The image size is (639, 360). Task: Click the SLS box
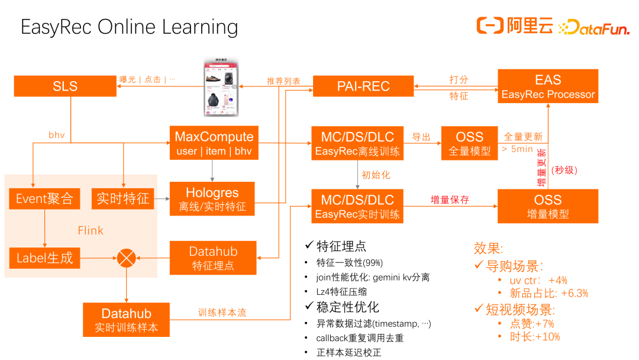pyautogui.click(x=65, y=86)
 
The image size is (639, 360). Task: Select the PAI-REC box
pyautogui.click(x=363, y=86)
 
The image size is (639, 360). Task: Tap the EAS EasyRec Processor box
pyautogui.click(x=548, y=86)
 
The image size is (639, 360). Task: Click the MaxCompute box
pyautogui.click(x=214, y=143)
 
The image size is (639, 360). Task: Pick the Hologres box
pyautogui.click(x=212, y=199)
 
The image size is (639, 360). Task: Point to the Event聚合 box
pyautogui.click(x=44, y=199)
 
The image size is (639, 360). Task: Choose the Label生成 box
pyautogui.click(x=44, y=258)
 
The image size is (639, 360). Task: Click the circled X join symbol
pyautogui.click(x=126, y=258)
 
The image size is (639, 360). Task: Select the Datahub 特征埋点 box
pyautogui.click(x=213, y=258)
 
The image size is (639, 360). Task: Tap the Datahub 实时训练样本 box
pyautogui.click(x=127, y=320)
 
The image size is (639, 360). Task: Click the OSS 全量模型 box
pyautogui.click(x=469, y=143)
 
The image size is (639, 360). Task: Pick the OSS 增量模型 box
pyautogui.click(x=548, y=206)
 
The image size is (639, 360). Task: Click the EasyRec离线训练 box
pyautogui.click(x=357, y=143)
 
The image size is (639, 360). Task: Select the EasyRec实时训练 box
pyautogui.click(x=357, y=206)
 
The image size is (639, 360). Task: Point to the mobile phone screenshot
pyautogui.click(x=220, y=87)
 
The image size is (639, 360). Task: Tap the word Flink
pyautogui.click(x=91, y=230)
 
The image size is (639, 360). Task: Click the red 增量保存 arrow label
pyautogui.click(x=450, y=200)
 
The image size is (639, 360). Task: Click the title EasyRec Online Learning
pyautogui.click(x=130, y=27)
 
